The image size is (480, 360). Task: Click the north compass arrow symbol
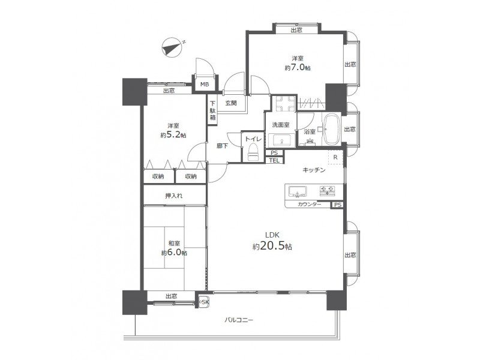pyautogui.click(x=172, y=48)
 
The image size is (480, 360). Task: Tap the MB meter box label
pyautogui.click(x=205, y=84)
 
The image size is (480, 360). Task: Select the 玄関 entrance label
pyautogui.click(x=231, y=103)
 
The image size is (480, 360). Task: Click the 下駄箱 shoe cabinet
pyautogui.click(x=213, y=110)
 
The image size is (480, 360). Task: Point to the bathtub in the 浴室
pyautogui.click(x=332, y=130)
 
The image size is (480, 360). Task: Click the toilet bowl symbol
pyautogui.click(x=253, y=152)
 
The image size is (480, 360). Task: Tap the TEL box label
pyautogui.click(x=274, y=160)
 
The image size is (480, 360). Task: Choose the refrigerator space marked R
pyautogui.click(x=336, y=157)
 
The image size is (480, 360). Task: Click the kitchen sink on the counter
pyautogui.click(x=297, y=191)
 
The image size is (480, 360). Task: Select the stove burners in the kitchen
pyautogui.click(x=327, y=190)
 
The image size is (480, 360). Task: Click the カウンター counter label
pyautogui.click(x=310, y=205)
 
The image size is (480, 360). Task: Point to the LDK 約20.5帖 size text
pyautogui.click(x=272, y=241)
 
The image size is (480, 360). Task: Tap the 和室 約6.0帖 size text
pyautogui.click(x=174, y=248)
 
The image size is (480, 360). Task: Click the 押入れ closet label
pyautogui.click(x=174, y=196)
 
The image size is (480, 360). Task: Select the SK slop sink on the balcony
pyautogui.click(x=203, y=302)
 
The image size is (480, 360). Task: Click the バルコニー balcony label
pyautogui.click(x=239, y=320)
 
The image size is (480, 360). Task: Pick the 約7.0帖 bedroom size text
pyautogui.click(x=298, y=68)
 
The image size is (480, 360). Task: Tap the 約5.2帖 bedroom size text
pyautogui.click(x=173, y=135)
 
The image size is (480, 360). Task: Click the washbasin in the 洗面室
pyautogui.click(x=281, y=140)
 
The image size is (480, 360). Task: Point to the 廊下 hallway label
pyautogui.click(x=222, y=146)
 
